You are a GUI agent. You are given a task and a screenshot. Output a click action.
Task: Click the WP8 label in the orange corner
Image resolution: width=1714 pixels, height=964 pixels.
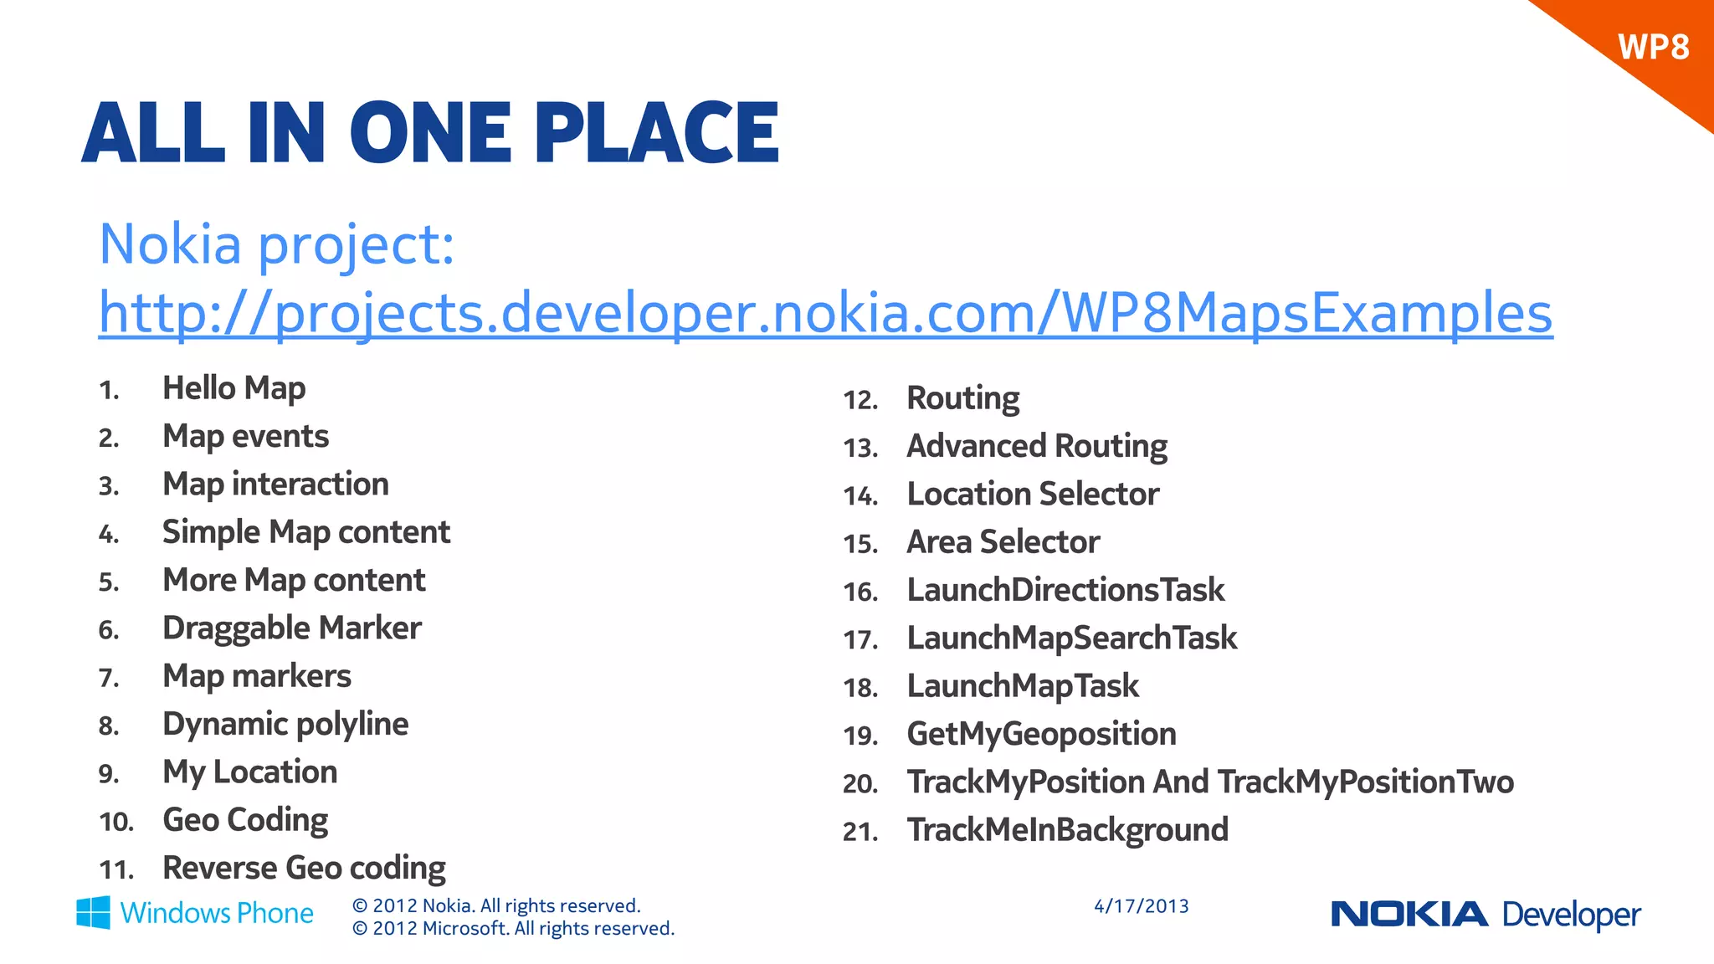(1653, 47)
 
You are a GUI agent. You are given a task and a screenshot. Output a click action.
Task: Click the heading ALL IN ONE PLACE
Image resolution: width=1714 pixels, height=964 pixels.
(430, 132)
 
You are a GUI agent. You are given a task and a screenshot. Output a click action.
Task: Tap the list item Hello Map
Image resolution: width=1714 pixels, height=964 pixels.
(233, 389)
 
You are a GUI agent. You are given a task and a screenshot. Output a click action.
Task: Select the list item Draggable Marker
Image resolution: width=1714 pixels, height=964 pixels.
(291, 628)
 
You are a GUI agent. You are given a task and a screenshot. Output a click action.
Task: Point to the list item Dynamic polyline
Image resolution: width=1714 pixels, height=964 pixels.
(285, 725)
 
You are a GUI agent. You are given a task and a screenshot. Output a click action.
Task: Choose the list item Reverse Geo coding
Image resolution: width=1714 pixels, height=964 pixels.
(304, 869)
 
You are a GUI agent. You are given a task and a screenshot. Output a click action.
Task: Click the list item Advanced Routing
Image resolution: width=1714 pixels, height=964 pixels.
(1036, 447)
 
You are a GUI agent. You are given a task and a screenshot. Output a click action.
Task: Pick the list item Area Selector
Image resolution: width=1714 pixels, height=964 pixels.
(1003, 542)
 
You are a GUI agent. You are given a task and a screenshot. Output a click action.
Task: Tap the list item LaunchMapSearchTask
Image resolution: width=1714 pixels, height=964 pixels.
(1071, 638)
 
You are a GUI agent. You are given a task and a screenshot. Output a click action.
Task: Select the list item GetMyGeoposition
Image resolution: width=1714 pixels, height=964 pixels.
(1041, 735)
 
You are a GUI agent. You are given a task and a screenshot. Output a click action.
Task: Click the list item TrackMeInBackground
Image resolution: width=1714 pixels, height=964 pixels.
(1067, 830)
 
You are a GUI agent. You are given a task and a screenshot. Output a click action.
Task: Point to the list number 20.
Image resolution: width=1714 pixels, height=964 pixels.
(860, 784)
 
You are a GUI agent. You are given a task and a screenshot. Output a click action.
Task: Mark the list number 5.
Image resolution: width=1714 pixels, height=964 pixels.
(109, 582)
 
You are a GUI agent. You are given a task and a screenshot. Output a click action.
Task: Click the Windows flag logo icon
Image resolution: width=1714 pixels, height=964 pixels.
(93, 912)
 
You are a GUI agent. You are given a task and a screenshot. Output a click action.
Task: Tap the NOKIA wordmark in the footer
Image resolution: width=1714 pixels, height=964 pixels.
(1409, 914)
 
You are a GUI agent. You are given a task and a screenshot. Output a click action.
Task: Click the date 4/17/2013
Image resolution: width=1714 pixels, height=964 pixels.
(1141, 906)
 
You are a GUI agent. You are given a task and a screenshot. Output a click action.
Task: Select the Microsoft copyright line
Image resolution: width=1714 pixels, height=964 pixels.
(513, 929)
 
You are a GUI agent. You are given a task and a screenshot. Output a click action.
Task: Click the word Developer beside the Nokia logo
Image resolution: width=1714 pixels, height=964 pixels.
(1571, 915)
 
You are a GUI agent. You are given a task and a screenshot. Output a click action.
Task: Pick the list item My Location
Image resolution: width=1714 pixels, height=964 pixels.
(249, 772)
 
